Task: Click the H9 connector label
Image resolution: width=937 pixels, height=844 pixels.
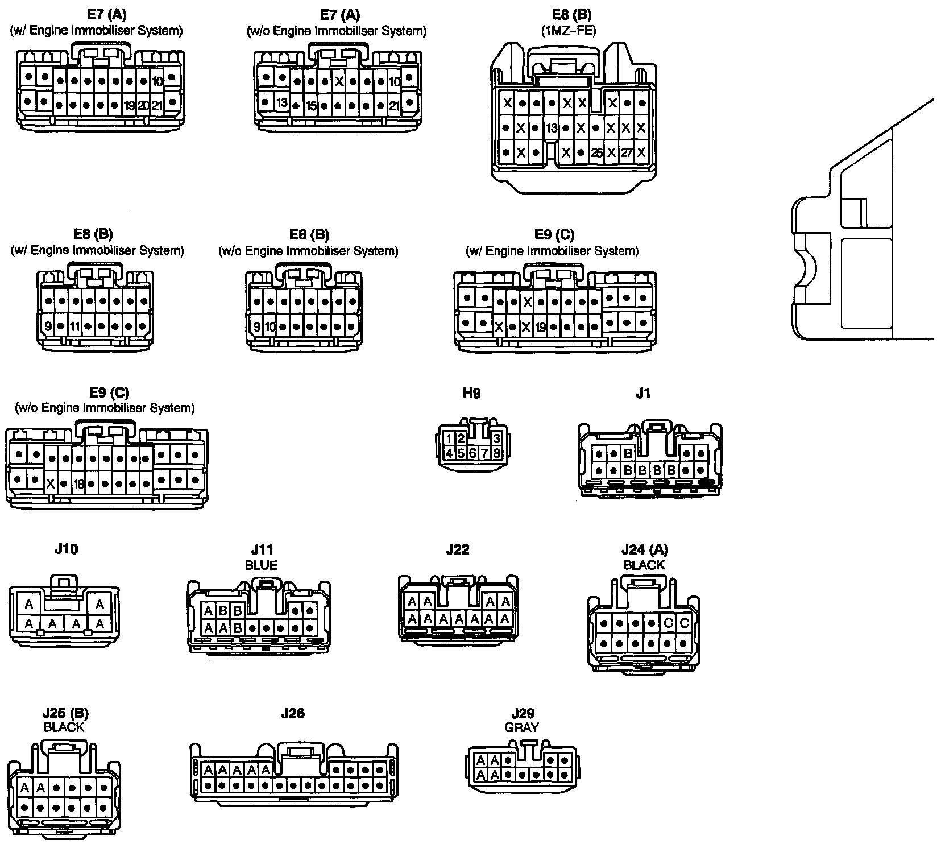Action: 471,393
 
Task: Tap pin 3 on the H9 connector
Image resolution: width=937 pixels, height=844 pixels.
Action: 496,438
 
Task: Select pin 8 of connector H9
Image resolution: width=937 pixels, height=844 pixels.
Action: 496,453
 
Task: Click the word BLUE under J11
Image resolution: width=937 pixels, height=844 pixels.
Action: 261,565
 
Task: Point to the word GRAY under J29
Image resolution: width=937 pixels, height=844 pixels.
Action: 523,727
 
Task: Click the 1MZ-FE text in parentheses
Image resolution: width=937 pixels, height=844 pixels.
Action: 569,31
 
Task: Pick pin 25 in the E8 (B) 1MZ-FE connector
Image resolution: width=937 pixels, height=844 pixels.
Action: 596,152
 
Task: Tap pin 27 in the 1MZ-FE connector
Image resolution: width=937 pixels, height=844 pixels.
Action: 626,152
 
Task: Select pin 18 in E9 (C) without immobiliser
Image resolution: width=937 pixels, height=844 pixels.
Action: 78,484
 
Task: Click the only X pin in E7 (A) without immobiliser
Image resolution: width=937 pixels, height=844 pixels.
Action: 339,81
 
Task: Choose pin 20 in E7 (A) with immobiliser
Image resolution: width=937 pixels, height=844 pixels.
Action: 143,105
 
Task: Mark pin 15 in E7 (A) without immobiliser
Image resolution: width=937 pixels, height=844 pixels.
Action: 311,105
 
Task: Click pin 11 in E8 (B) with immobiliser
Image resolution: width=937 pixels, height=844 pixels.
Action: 76,327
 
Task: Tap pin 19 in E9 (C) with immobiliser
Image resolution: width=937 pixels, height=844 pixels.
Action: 540,327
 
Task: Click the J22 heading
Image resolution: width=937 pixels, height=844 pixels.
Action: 458,550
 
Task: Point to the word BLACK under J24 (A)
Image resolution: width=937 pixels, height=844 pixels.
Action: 644,565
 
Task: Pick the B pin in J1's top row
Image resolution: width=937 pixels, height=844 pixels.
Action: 628,454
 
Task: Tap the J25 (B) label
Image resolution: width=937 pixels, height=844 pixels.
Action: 65,714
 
